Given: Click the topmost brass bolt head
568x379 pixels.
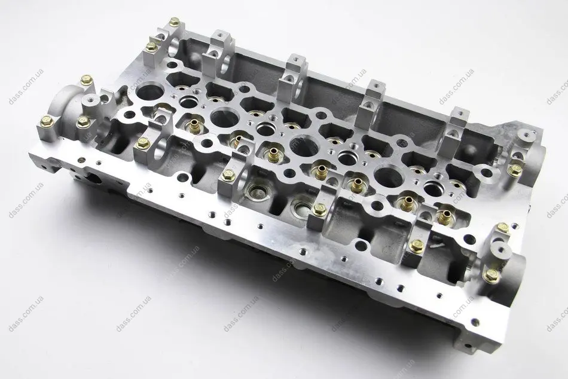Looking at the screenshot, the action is click(175, 22).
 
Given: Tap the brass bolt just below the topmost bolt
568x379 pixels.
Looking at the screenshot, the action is click(151, 47).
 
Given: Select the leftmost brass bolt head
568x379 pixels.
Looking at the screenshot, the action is click(47, 122).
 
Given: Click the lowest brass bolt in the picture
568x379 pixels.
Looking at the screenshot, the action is click(491, 275).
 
